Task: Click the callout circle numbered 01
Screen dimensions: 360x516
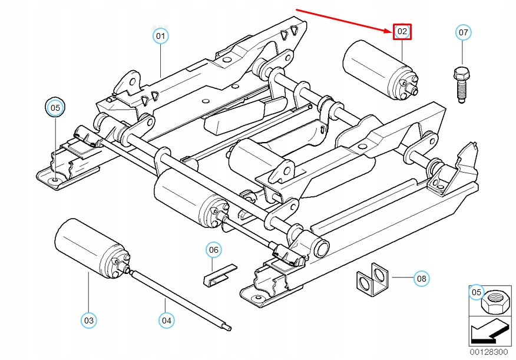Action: pyautogui.click(x=160, y=37)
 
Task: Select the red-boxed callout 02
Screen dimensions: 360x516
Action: pyautogui.click(x=402, y=32)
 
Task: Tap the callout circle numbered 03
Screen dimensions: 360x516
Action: pyautogui.click(x=88, y=321)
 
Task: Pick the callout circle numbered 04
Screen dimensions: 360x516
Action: pyautogui.click(x=167, y=321)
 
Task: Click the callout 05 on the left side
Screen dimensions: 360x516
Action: pyautogui.click(x=55, y=108)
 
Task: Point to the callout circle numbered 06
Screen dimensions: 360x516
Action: pyautogui.click(x=214, y=250)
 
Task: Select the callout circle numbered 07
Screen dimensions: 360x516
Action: pyautogui.click(x=464, y=32)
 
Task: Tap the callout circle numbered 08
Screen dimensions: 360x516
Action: pyautogui.click(x=421, y=277)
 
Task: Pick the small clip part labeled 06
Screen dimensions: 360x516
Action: pyautogui.click(x=218, y=274)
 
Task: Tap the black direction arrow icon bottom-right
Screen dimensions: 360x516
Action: pyautogui.click(x=489, y=332)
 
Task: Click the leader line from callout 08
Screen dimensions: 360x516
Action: pyautogui.click(x=401, y=277)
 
